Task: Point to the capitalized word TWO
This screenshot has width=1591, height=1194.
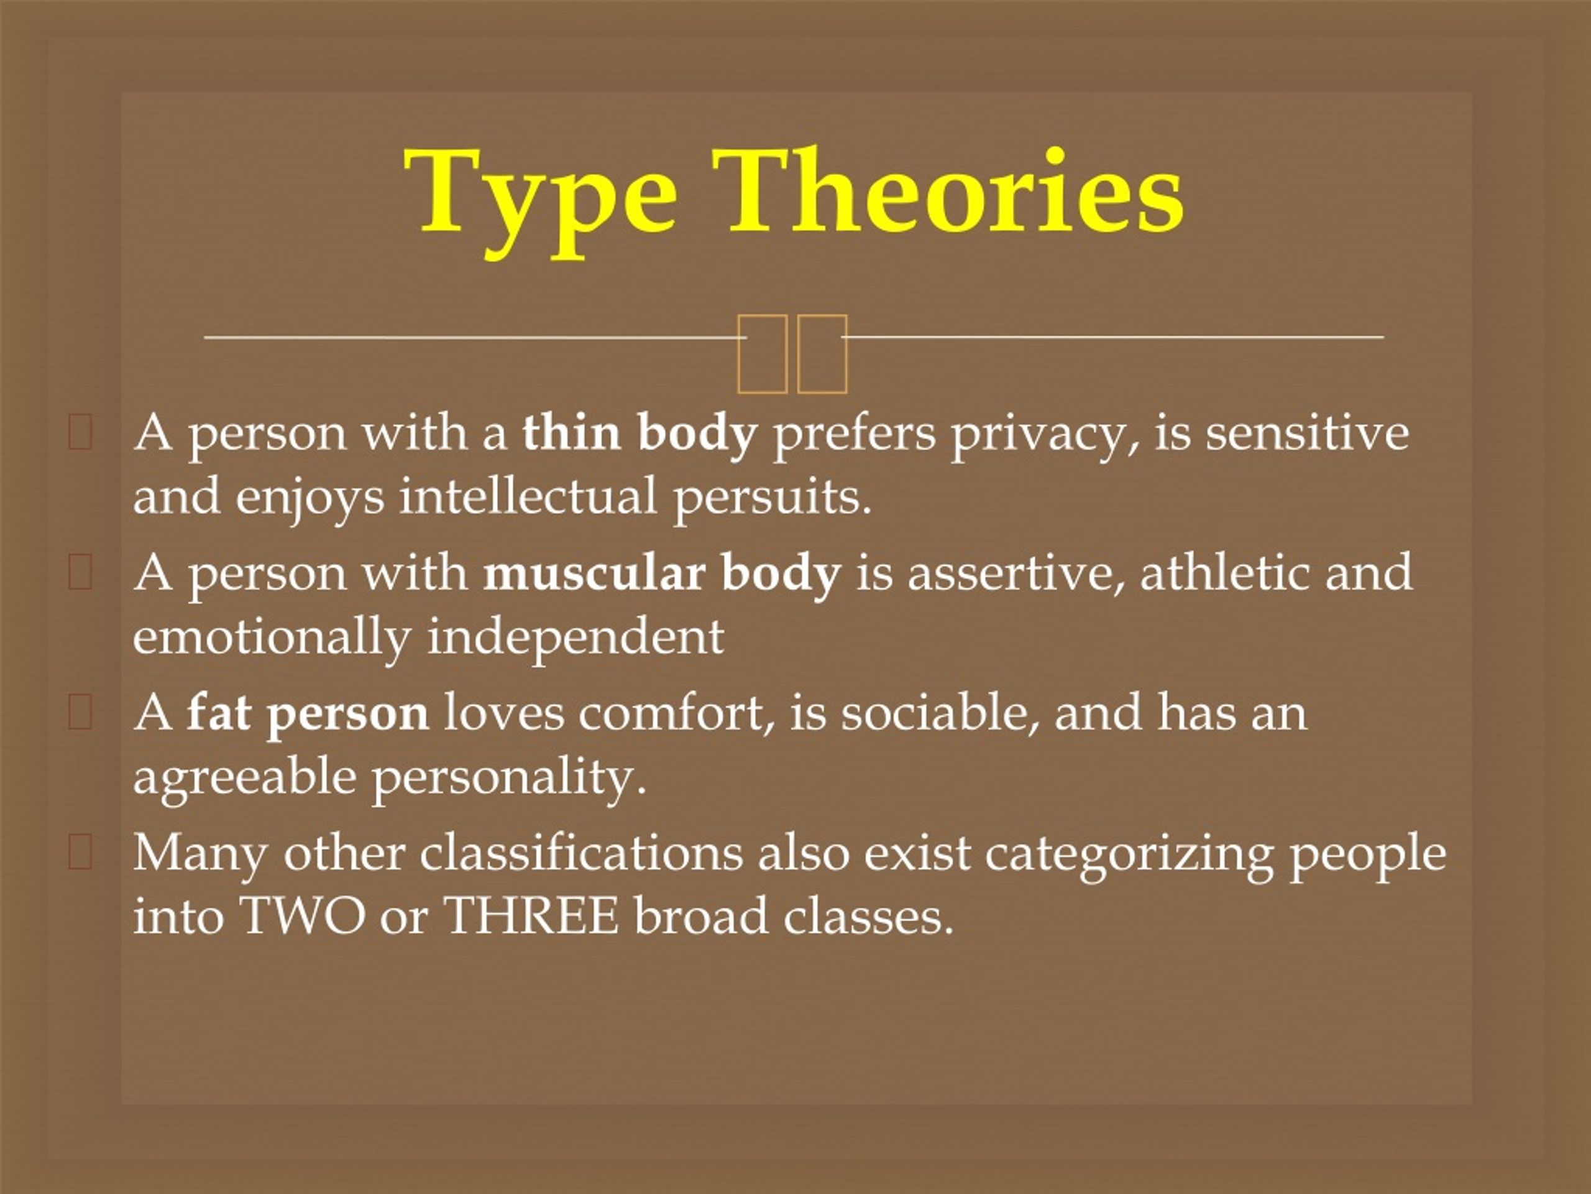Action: tap(303, 916)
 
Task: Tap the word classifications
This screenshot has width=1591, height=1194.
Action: tap(581, 853)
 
